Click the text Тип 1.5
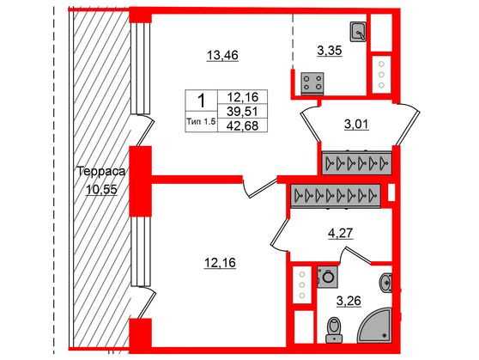(x=202, y=122)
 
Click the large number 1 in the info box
(x=201, y=101)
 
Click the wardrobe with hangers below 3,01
(x=354, y=163)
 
